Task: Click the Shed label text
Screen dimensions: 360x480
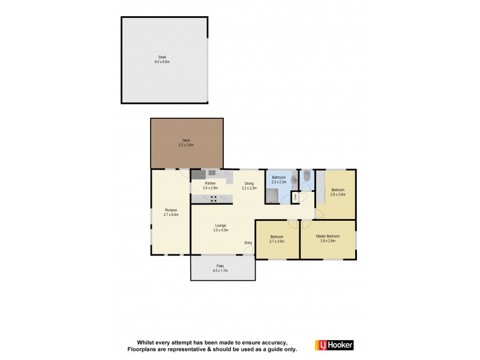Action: click(164, 59)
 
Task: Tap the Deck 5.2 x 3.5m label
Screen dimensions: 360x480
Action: click(186, 143)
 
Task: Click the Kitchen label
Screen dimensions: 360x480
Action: click(210, 185)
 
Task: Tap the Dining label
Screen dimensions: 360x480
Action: click(248, 185)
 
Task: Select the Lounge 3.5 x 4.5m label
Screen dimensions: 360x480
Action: click(220, 227)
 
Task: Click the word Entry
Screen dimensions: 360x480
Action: click(248, 242)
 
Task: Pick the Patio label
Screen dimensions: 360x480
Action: click(221, 268)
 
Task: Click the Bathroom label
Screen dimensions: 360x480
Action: click(279, 179)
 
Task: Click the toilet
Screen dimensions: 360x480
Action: click(306, 176)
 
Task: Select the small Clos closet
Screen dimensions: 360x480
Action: click(295, 196)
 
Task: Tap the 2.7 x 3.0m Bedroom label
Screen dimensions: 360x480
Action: click(277, 239)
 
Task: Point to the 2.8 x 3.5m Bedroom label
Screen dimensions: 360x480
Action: click(338, 193)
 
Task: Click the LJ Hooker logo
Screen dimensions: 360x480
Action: click(334, 345)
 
